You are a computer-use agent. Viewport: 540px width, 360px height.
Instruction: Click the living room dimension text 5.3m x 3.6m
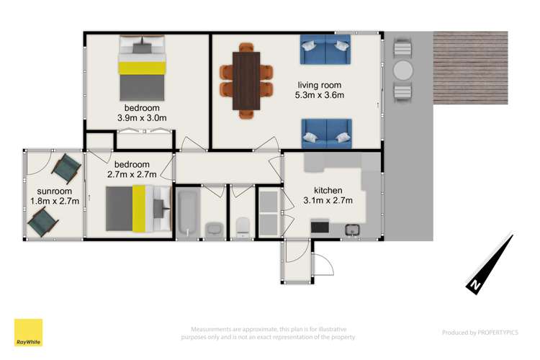pos(320,94)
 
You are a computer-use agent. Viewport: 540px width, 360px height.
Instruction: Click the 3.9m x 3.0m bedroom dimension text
pos(142,119)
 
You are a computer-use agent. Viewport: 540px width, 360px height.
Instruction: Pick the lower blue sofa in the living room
pos(326,132)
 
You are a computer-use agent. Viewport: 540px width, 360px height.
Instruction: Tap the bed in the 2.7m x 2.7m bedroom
pos(137,209)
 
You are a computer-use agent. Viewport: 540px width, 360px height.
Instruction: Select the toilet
pos(243,227)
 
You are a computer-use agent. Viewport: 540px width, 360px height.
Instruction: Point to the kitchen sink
pos(353,230)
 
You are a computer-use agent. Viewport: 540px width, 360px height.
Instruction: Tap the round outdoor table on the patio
pos(403,71)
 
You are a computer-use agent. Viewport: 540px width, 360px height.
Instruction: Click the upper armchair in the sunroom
pos(66,168)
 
